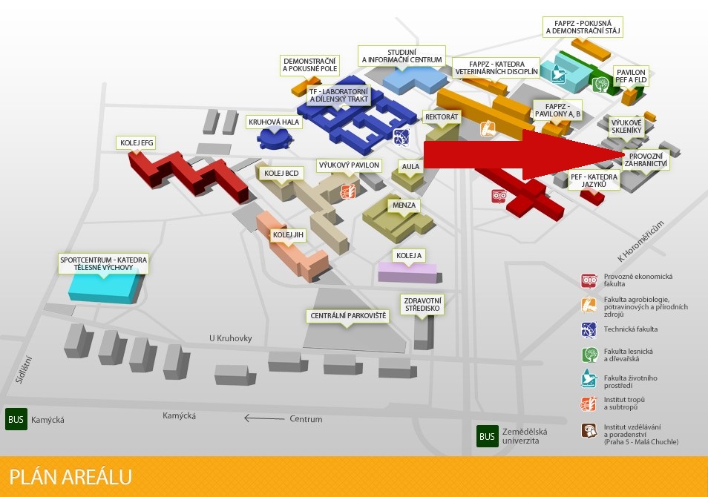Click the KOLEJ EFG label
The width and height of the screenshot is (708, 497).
[x=137, y=142]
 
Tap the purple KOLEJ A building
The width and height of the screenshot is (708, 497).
[x=407, y=271]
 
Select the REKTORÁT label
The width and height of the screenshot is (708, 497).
[x=442, y=117]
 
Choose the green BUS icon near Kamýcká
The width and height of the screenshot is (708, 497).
[x=16, y=419]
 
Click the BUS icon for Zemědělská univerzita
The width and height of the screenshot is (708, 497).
[x=487, y=436]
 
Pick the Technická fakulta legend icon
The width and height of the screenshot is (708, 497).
[x=589, y=329]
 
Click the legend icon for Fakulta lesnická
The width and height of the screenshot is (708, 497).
[x=589, y=354]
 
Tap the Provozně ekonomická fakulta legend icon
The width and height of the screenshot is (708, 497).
[x=589, y=280]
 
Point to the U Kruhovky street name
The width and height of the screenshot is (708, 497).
[x=230, y=338]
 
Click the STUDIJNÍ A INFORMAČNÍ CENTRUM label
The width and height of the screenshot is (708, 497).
[x=401, y=54]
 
